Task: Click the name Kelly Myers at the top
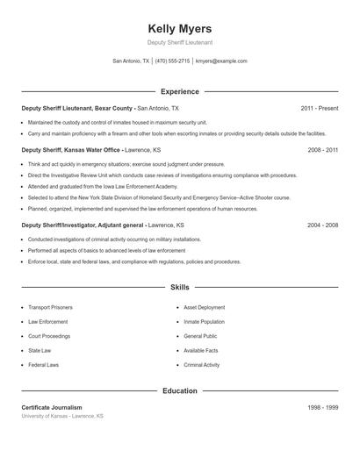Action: pos(180,28)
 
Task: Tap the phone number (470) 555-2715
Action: pos(172,61)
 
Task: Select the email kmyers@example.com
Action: pos(221,61)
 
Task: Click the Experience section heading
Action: pos(180,91)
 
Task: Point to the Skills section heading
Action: pos(180,287)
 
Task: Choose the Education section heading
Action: pos(180,390)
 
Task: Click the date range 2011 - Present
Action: pos(319,108)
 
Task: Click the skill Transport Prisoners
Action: pos(50,308)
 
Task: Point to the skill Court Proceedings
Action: pos(49,336)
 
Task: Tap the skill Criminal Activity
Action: pos(202,364)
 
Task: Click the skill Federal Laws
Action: pos(43,364)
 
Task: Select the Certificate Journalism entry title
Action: pos(52,408)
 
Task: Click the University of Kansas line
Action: pos(62,416)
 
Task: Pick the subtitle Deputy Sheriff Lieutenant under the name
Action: pos(180,42)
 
